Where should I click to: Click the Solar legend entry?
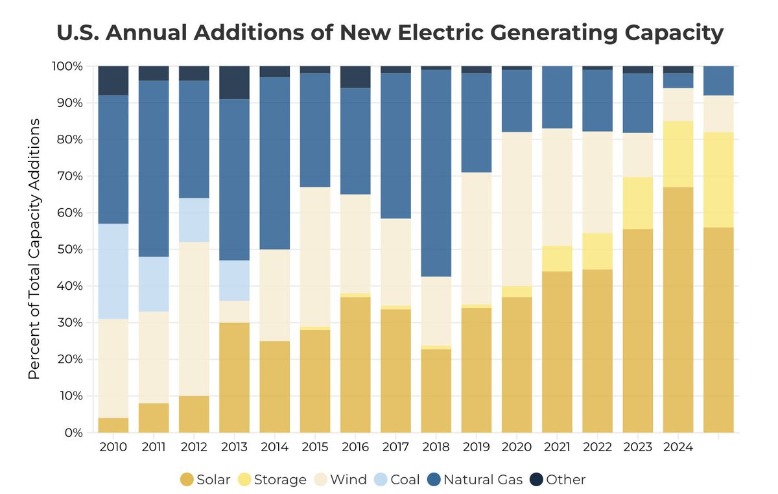tap(205, 480)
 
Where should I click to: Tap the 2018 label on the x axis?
tap(436, 447)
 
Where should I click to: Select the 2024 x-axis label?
tap(678, 447)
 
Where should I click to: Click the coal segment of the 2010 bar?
tap(113, 271)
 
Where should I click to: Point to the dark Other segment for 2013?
tap(234, 82)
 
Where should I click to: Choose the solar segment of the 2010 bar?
tap(113, 425)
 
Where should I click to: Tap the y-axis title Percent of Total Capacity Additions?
tap(35, 250)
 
